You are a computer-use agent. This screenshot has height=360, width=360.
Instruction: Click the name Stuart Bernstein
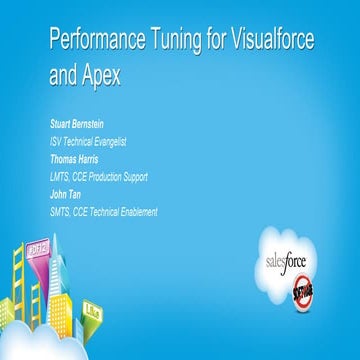pos(86,123)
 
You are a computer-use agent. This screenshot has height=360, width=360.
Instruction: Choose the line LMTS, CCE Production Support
pos(98,176)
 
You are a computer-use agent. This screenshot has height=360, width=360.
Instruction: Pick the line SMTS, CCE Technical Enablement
pos(103,211)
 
